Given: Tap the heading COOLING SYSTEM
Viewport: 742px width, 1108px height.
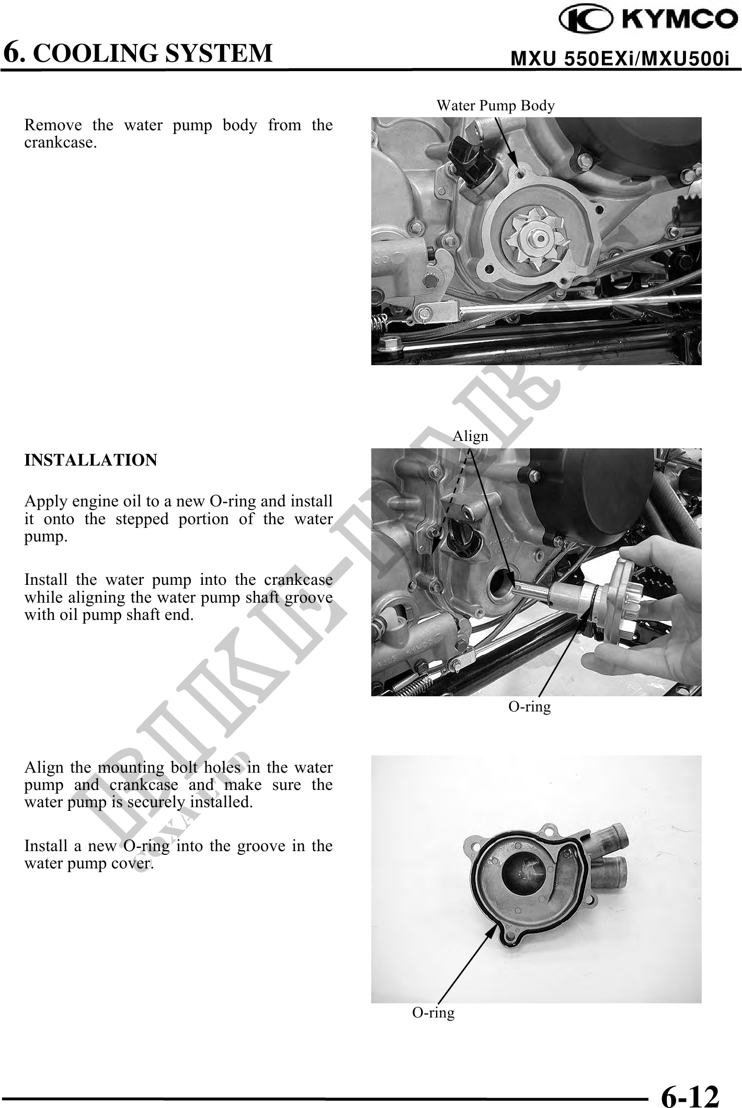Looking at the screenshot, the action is pos(156,53).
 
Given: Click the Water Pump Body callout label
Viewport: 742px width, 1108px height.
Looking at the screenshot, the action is pos(495,106).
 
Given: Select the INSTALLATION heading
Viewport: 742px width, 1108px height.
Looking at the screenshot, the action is pos(90,460).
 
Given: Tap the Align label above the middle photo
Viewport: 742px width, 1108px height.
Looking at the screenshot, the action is pos(471,436).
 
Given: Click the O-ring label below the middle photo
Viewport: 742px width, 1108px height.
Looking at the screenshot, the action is pos(530,707).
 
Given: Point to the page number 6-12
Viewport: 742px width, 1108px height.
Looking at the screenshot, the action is pos(690,1082).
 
